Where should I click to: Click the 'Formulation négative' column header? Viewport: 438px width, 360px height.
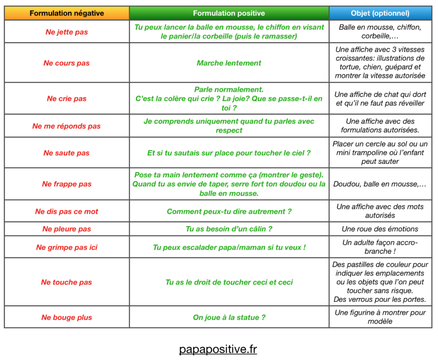point(67,13)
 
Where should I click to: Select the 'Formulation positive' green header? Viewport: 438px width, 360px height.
point(229,13)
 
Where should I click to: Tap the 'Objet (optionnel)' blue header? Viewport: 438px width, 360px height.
point(380,13)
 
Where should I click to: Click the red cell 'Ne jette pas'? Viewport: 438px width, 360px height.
point(67,32)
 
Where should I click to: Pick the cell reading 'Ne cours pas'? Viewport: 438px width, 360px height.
point(67,63)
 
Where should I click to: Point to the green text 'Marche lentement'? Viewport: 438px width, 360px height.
point(229,63)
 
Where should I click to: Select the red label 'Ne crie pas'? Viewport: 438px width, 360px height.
point(67,98)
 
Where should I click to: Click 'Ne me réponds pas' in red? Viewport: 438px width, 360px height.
point(67,126)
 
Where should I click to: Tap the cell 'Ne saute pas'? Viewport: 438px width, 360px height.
point(67,153)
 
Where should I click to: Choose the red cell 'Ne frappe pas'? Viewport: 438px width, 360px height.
point(67,184)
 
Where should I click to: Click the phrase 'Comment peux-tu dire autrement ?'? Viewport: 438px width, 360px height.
point(229,211)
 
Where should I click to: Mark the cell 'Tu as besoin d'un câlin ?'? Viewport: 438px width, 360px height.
point(229,229)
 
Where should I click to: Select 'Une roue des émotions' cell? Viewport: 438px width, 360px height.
point(380,229)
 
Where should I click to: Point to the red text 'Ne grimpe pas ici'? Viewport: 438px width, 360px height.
point(67,247)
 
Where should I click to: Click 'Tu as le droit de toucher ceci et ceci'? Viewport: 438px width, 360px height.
point(229,282)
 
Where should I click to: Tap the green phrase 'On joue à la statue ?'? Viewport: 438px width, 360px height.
point(229,317)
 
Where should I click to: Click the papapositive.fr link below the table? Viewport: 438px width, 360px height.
point(218,349)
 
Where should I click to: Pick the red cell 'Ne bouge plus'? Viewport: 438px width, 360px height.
point(67,317)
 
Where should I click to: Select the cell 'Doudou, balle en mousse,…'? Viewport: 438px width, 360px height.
point(380,184)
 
